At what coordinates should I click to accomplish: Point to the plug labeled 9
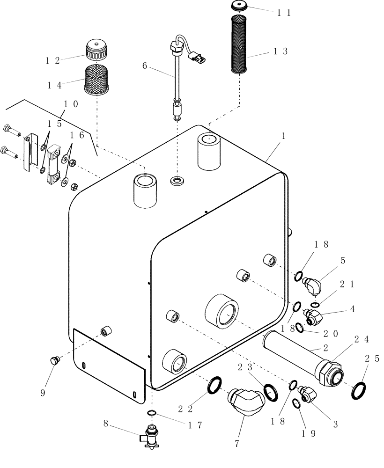pyautogui.click(x=54, y=361)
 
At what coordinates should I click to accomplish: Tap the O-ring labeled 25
pyautogui.click(x=359, y=389)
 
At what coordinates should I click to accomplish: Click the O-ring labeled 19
pyautogui.click(x=296, y=404)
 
